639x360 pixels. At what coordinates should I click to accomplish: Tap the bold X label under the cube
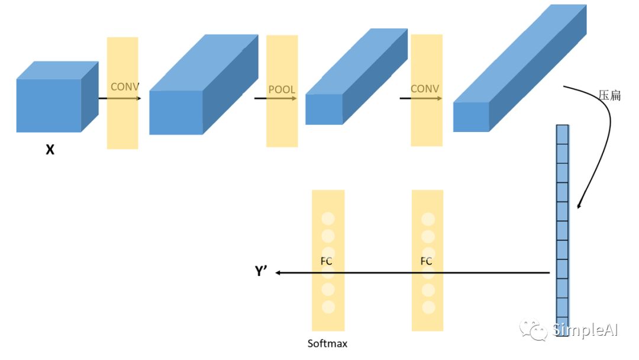tap(50, 150)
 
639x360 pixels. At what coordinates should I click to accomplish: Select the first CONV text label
tap(125, 87)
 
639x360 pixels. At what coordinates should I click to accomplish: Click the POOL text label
tap(282, 90)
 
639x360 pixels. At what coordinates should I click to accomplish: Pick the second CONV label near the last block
tap(425, 89)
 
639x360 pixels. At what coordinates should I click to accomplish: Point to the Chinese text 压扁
tap(609, 95)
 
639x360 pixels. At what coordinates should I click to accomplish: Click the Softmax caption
tap(327, 343)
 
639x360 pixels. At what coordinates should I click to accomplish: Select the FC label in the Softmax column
tap(327, 261)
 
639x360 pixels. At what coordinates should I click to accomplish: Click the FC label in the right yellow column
tap(426, 261)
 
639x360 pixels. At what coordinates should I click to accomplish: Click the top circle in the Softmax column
tap(328, 218)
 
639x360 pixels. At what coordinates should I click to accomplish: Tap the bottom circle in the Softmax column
tap(328, 307)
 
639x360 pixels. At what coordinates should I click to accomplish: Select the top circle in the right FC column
tap(428, 218)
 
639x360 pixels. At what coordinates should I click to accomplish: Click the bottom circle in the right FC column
tap(428, 307)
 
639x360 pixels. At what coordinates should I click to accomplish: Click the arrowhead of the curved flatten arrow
tap(579, 205)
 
